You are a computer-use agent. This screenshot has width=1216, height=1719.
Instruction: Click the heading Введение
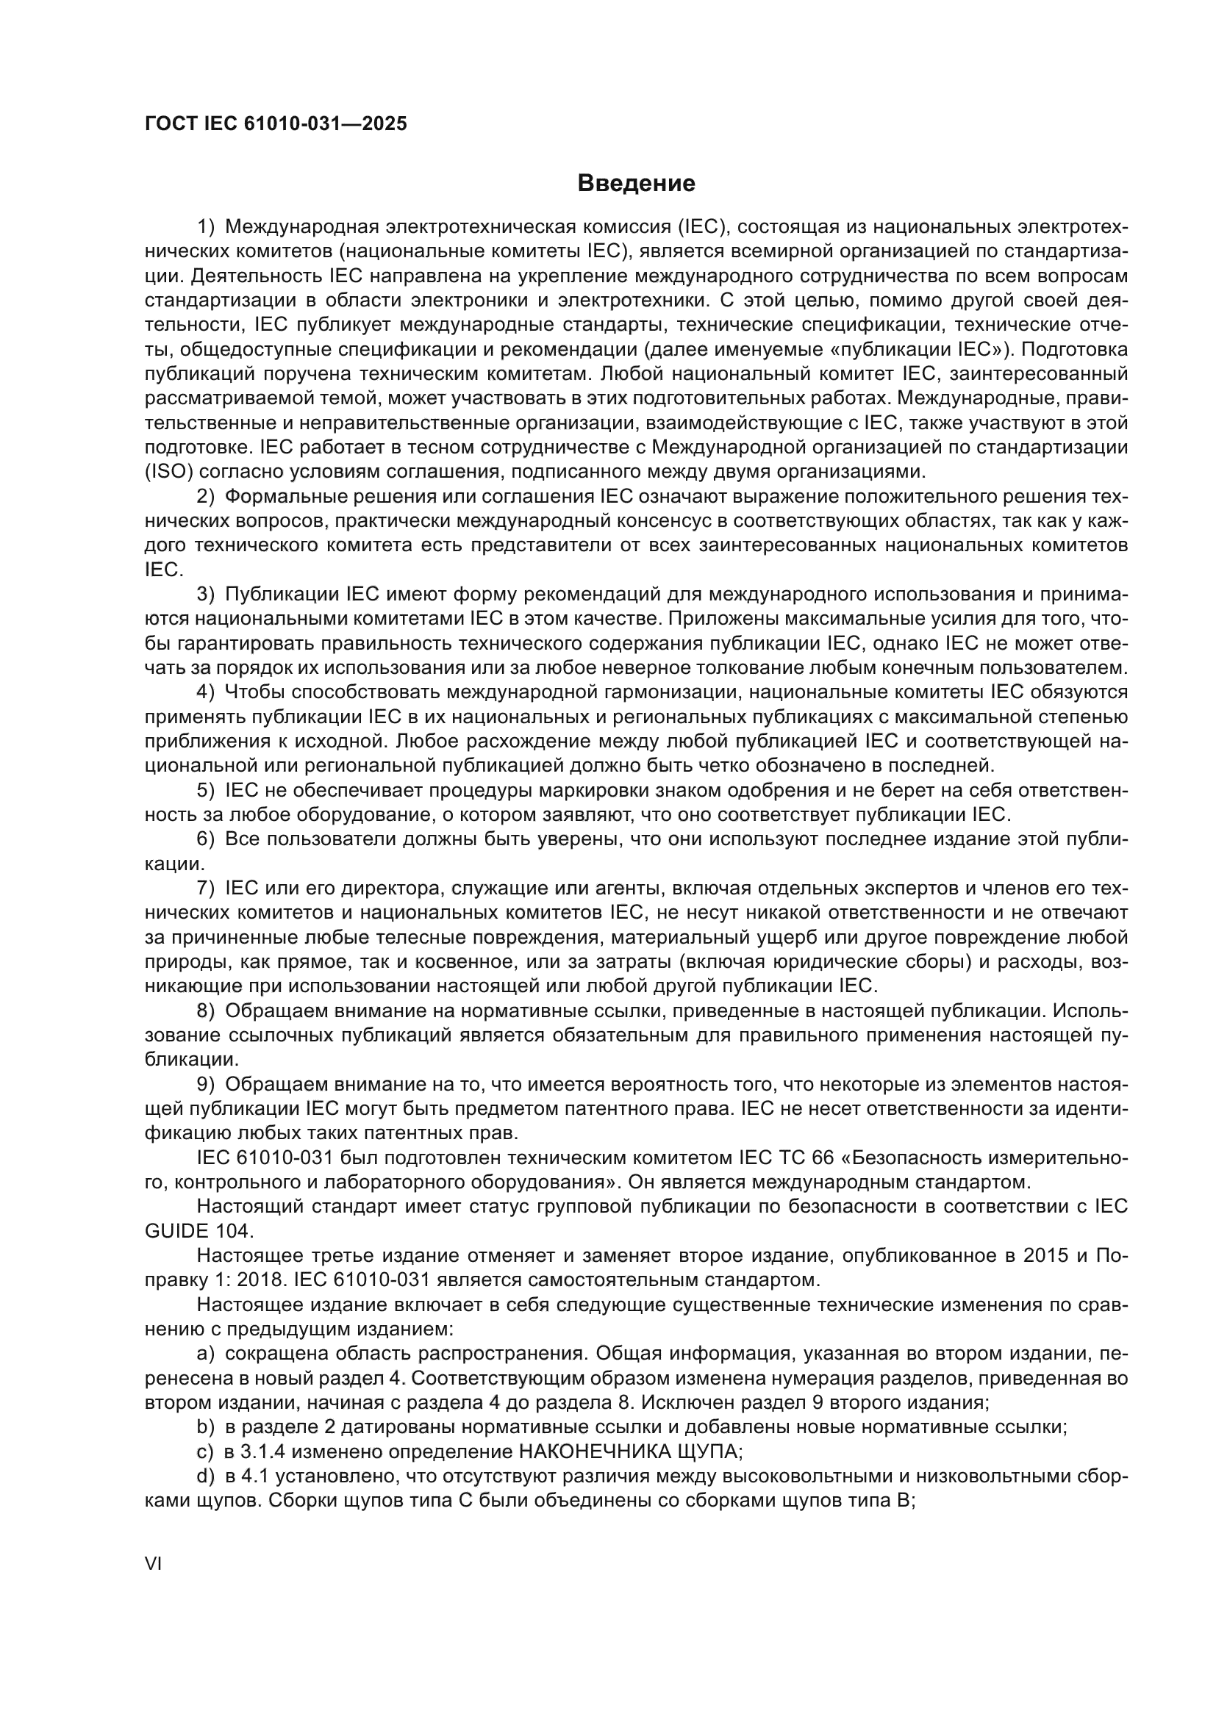click(x=636, y=183)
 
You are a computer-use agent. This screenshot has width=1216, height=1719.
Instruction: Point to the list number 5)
click(x=206, y=791)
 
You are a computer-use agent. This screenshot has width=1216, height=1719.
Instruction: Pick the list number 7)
click(x=206, y=889)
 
